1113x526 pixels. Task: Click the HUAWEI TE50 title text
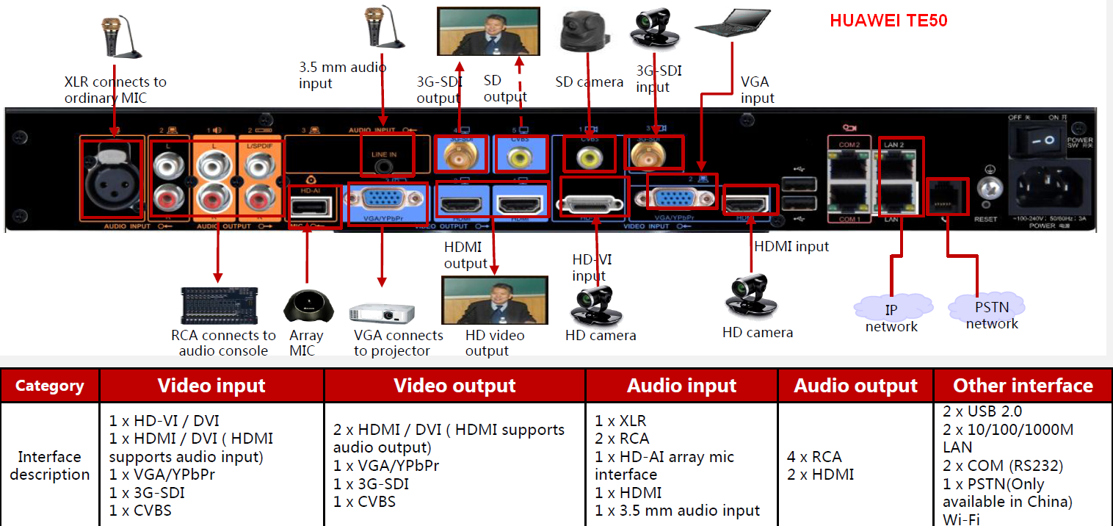(x=888, y=21)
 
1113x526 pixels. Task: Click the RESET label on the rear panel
(x=985, y=219)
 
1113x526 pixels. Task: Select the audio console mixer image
(x=220, y=306)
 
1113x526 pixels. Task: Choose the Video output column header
(x=454, y=386)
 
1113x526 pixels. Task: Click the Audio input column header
(x=681, y=386)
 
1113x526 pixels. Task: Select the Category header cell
(x=50, y=386)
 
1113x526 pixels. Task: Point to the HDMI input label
(x=791, y=247)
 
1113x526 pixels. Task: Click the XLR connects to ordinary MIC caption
(x=115, y=90)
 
